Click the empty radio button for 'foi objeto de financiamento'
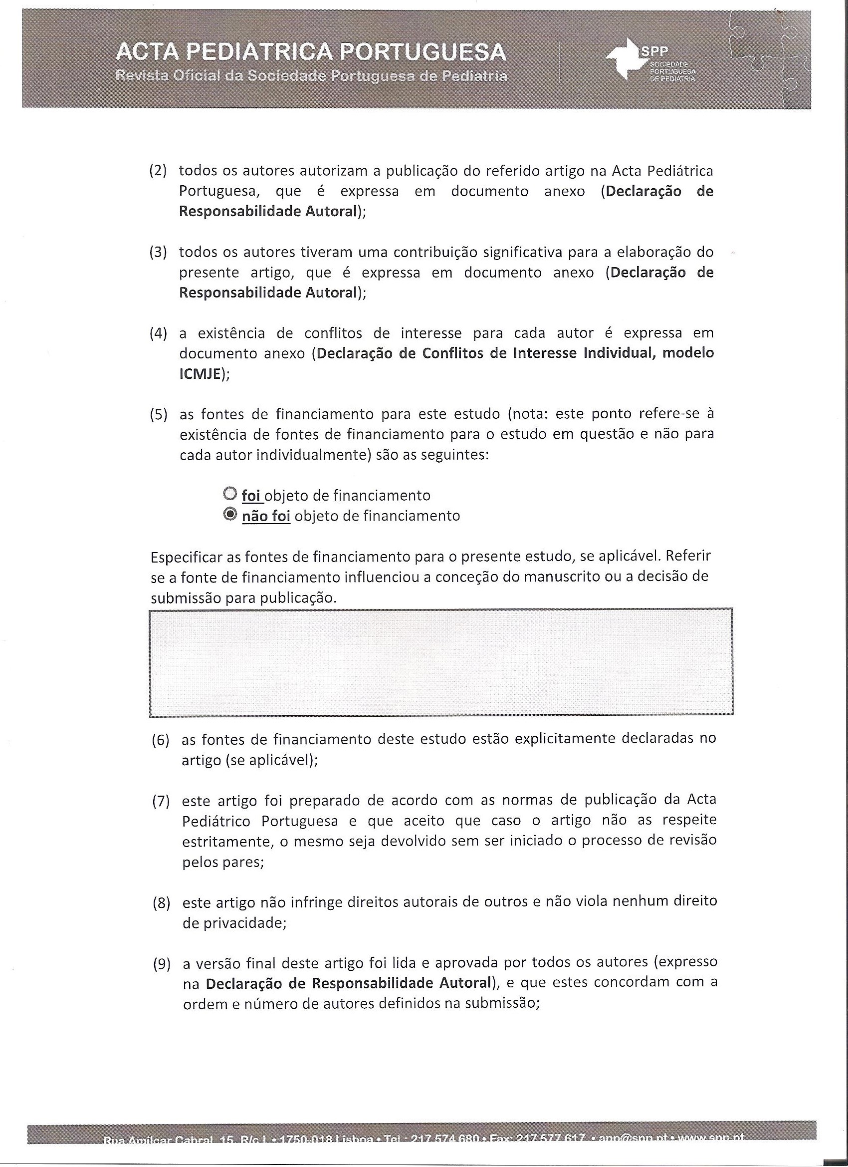click(229, 494)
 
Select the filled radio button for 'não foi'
click(230, 515)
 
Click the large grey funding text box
click(441, 662)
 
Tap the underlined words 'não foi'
click(266, 516)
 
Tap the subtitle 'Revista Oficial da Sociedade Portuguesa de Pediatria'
click(311, 76)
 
